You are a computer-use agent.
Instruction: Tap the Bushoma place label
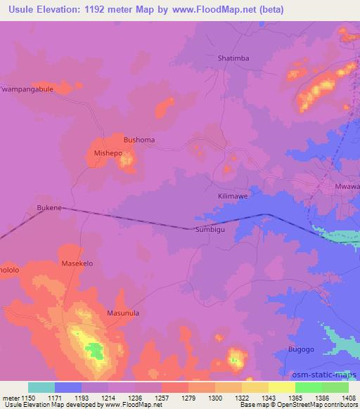[139, 140]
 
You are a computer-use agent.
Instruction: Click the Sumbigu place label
[211, 229]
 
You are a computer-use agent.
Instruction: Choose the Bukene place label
[49, 209]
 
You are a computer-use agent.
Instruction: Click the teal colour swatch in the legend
[41, 387]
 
